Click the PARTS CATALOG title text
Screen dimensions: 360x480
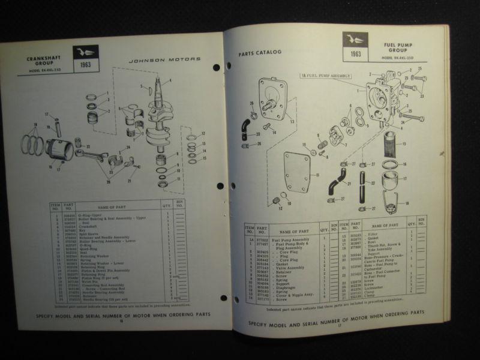click(260, 53)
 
